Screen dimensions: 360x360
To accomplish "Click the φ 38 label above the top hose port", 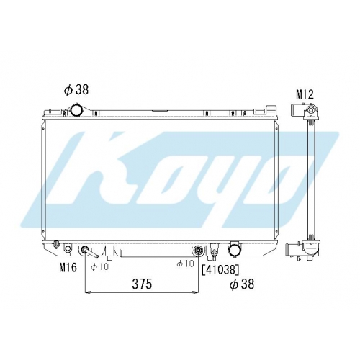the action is pyautogui.click(x=76, y=89).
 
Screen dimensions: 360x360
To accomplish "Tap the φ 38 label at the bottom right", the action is pyautogui.click(x=242, y=284).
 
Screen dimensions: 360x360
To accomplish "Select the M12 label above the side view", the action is pyautogui.click(x=305, y=94).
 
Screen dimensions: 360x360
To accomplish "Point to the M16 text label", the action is pyautogui.click(x=68, y=267).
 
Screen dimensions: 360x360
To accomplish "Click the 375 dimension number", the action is pyautogui.click(x=142, y=284).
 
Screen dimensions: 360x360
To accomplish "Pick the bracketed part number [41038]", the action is pyautogui.click(x=221, y=270).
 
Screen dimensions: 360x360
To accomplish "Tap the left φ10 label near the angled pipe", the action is pyautogui.click(x=99, y=266).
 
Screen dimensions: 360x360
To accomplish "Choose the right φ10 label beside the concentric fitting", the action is pyautogui.click(x=185, y=264).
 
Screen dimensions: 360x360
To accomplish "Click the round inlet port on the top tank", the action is pyautogui.click(x=76, y=110).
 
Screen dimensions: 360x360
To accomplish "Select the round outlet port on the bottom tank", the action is pyautogui.click(x=235, y=250).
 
